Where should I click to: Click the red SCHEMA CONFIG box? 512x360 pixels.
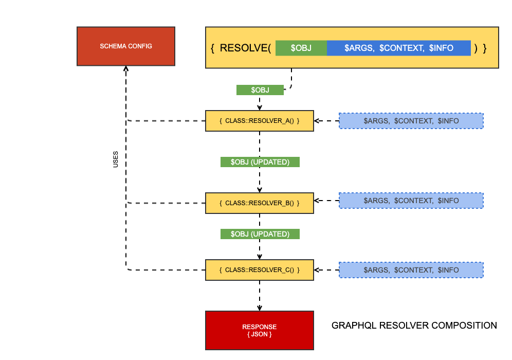pos(126,46)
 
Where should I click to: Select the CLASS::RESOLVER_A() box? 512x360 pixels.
pos(259,121)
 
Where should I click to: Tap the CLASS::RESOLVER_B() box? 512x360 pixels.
pos(259,203)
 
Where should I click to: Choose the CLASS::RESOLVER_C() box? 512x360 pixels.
pos(259,270)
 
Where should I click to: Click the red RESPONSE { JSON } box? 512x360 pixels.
pos(259,330)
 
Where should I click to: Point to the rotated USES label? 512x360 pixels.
pos(116,159)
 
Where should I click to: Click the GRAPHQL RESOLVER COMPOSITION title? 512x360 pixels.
pos(414,326)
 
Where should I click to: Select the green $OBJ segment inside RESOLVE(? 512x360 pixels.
pos(301,48)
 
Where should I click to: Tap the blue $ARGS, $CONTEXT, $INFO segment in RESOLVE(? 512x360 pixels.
pos(398,48)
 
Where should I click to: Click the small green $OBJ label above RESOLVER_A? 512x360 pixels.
pos(260,90)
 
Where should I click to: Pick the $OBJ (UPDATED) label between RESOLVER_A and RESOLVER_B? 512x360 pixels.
pos(260,162)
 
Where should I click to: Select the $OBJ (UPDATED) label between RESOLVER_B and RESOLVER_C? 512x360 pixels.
pos(260,234)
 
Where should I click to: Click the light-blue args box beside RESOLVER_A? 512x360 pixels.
pos(411,121)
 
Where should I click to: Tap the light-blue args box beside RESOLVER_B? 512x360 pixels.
pos(411,201)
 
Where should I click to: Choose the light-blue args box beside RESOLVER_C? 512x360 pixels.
pos(411,270)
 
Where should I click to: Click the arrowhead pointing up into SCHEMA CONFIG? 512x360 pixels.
pos(126,69)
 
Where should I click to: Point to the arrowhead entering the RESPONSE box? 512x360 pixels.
pos(260,308)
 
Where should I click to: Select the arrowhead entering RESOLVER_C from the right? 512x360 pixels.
pos(317,270)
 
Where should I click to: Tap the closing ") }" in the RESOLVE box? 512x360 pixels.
pos(481,48)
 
